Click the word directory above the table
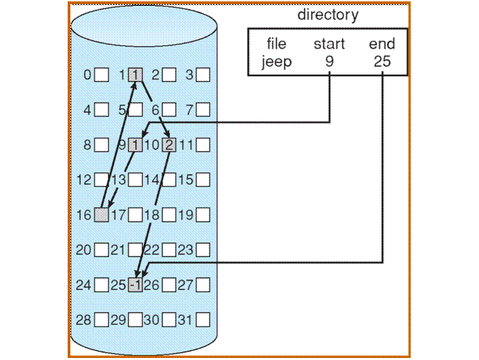pyautogui.click(x=327, y=15)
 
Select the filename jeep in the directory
pyautogui.click(x=277, y=63)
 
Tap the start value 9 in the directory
pyautogui.click(x=329, y=63)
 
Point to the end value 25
pyautogui.click(x=382, y=63)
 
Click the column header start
pyautogui.click(x=329, y=45)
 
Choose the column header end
pyautogui.click(x=382, y=45)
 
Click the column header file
pyautogui.click(x=277, y=45)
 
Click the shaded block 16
pyautogui.click(x=101, y=215)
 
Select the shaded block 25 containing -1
pyautogui.click(x=135, y=285)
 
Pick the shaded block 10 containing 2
pyautogui.click(x=169, y=144)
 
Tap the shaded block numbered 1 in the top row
pyautogui.click(x=135, y=74)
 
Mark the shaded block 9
pyautogui.click(x=135, y=144)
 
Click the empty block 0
pyautogui.click(x=101, y=74)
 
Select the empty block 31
pyautogui.click(x=203, y=319)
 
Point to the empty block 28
pyautogui.click(x=101, y=319)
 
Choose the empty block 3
pyautogui.click(x=203, y=74)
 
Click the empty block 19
pyautogui.click(x=203, y=215)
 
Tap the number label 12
pyautogui.click(x=84, y=180)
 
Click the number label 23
pyautogui.click(x=185, y=250)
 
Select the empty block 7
pyautogui.click(x=203, y=109)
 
